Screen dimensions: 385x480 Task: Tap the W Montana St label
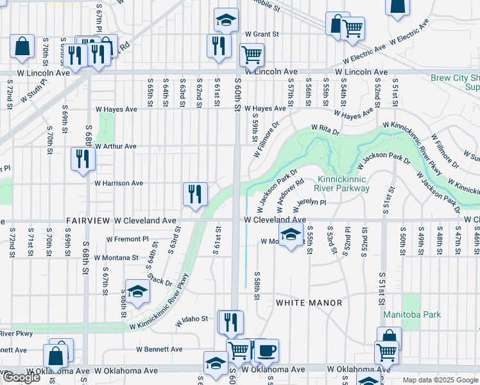tap(116, 257)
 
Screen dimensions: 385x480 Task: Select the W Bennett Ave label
tap(159, 350)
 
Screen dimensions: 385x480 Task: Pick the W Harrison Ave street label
tap(119, 183)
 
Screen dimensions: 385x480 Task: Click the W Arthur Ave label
tap(116, 146)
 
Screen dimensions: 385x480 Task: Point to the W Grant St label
tap(262, 33)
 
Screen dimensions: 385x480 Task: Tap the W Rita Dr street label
tap(324, 130)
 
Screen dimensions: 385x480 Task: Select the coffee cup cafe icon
tap(266, 350)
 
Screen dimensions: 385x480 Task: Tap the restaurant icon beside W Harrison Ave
tap(194, 194)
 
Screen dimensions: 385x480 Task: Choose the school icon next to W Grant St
tap(225, 21)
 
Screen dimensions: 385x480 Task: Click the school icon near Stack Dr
tap(137, 293)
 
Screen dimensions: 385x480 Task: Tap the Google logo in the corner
tap(21, 377)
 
